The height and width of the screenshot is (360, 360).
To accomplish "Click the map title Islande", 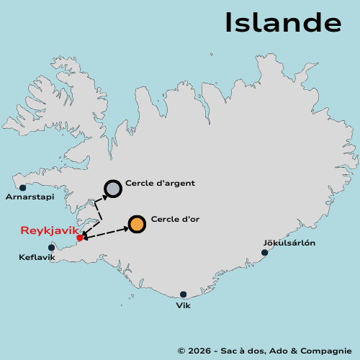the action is [282, 22].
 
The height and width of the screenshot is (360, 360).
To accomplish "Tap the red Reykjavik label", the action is [49, 230].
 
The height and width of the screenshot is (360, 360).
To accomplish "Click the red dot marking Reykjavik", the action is [79, 238].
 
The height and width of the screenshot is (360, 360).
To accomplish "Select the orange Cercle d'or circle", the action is [137, 224].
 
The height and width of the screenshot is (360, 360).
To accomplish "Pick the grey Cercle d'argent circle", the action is [113, 189].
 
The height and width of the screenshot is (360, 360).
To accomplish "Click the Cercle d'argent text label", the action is [160, 184].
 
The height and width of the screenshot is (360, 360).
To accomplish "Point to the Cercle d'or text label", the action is [175, 219].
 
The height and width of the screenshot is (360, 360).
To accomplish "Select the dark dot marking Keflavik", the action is [51, 248].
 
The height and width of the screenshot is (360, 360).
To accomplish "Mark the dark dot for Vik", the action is [183, 294].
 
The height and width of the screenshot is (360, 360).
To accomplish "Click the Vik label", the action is [183, 305].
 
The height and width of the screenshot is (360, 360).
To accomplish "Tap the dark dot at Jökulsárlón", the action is [265, 253].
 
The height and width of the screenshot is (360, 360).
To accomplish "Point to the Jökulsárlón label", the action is [289, 243].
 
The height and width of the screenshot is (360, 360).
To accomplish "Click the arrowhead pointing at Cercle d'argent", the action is [104, 195].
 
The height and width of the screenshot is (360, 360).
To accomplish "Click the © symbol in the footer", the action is [181, 350].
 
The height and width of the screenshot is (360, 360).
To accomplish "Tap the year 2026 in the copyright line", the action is [199, 350].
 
